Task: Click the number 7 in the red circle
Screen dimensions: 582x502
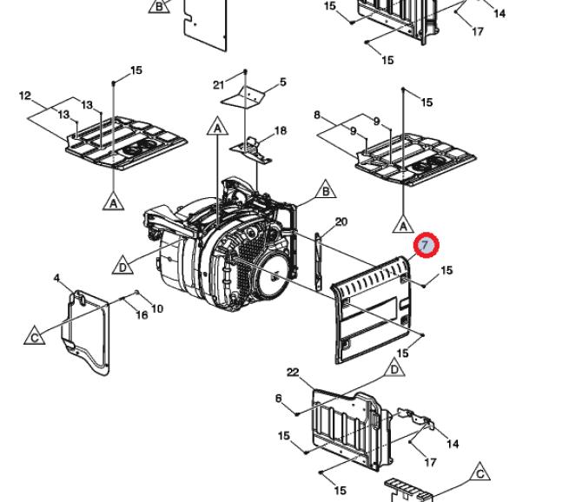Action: click(x=427, y=245)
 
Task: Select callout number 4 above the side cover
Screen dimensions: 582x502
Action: click(x=56, y=278)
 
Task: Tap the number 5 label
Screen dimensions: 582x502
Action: click(x=283, y=82)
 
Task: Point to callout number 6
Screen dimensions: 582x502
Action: click(x=278, y=399)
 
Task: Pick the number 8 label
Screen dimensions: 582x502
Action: click(x=317, y=115)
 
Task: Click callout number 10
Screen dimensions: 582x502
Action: click(x=157, y=308)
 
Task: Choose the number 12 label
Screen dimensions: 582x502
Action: click(x=25, y=96)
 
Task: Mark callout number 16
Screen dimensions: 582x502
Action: click(x=142, y=315)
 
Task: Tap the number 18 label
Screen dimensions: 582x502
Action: click(x=281, y=130)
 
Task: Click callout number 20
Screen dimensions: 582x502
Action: click(x=341, y=221)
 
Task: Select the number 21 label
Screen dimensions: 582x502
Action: click(x=219, y=85)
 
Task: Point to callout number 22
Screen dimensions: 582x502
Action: click(x=293, y=372)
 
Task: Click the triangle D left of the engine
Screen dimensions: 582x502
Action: click(x=122, y=266)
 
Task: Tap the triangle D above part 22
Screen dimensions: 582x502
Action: click(x=394, y=368)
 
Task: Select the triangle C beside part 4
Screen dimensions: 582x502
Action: click(x=35, y=336)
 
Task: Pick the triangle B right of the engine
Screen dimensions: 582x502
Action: click(x=326, y=190)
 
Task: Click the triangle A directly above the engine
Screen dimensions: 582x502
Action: click(x=218, y=127)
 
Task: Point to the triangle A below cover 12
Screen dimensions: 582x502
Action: click(x=113, y=202)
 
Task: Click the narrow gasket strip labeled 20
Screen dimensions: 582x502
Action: click(x=318, y=261)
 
